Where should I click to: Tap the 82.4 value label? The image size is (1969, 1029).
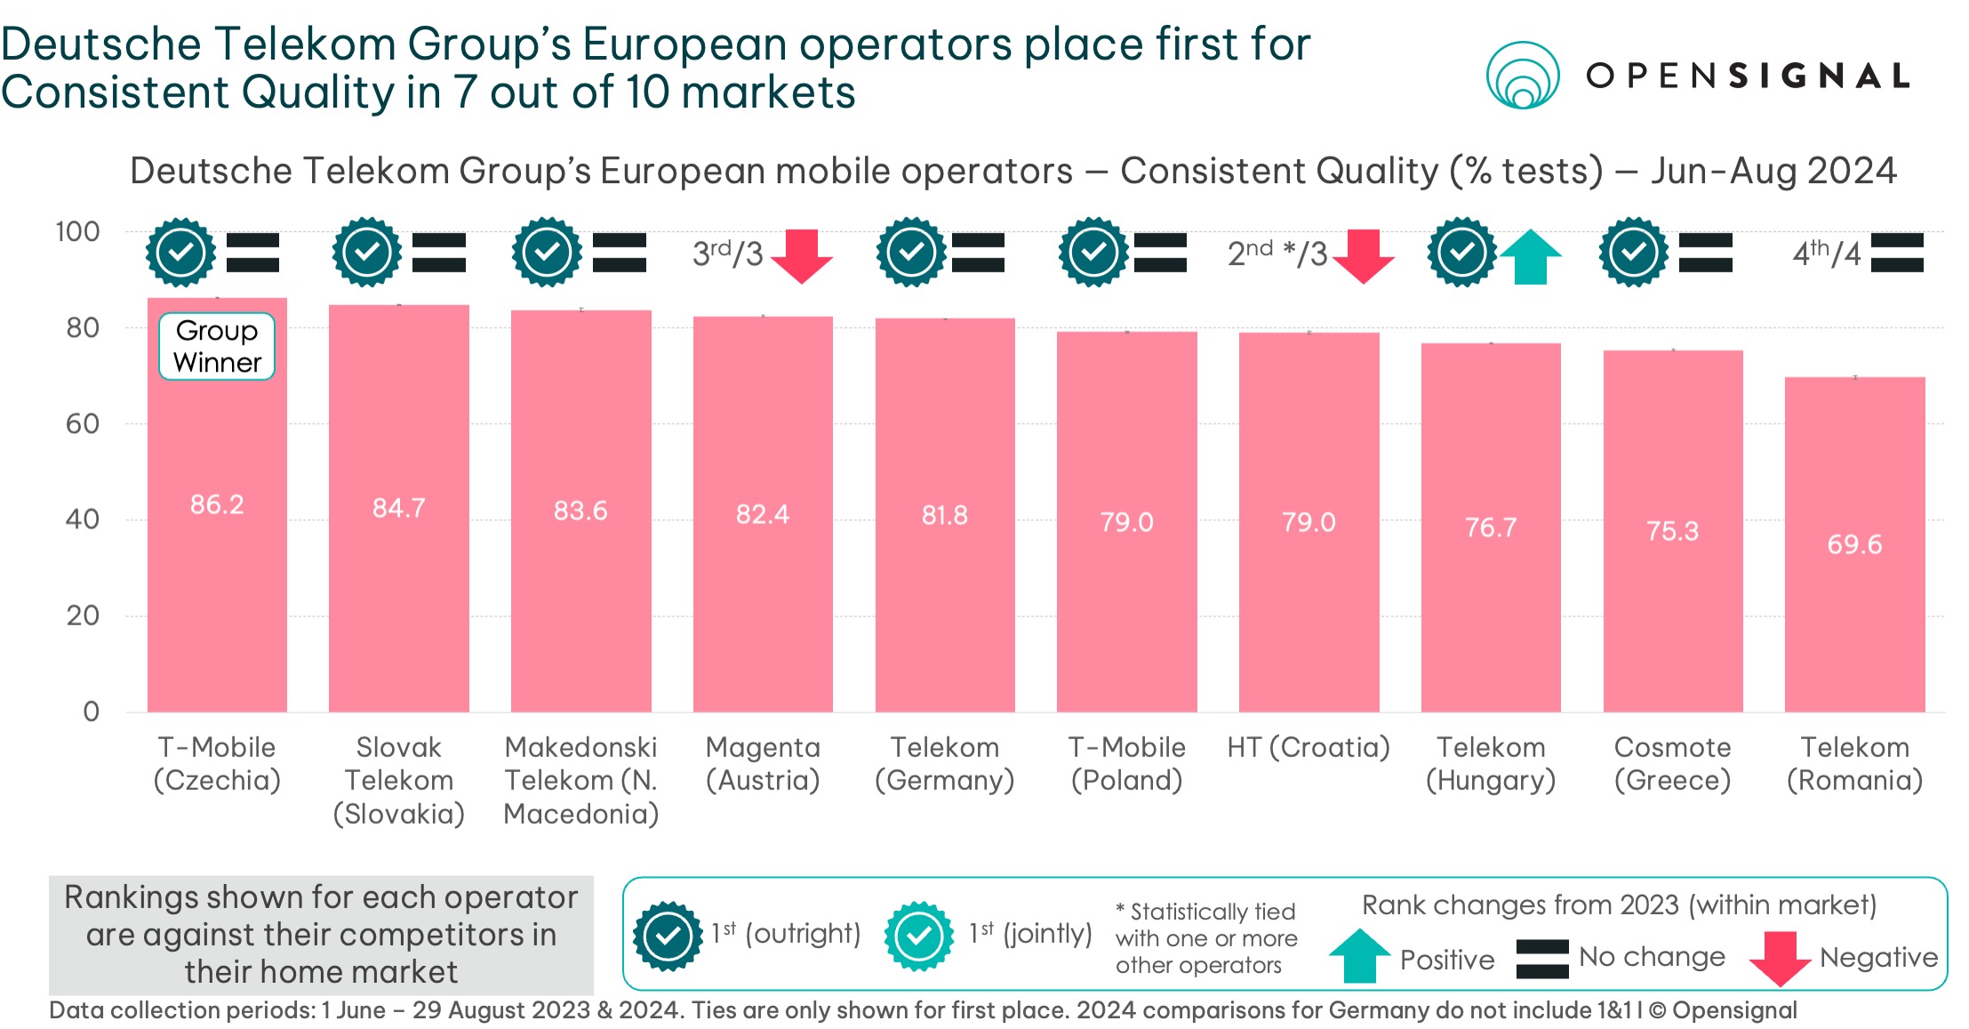pyautogui.click(x=762, y=514)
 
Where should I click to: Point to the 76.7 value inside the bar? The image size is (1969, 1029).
pyautogui.click(x=1491, y=527)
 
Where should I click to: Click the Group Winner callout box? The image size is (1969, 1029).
pyautogui.click(x=217, y=346)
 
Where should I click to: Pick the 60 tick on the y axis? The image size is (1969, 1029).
pyautogui.click(x=83, y=423)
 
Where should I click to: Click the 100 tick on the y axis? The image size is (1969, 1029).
pyautogui.click(x=77, y=232)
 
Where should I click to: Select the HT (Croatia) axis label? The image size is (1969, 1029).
pyautogui.click(x=1309, y=747)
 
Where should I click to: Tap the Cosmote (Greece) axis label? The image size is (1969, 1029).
pyautogui.click(x=1672, y=763)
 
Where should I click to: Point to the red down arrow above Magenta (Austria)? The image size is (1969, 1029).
pyautogui.click(x=802, y=256)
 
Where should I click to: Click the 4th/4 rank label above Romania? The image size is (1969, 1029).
pyautogui.click(x=1826, y=253)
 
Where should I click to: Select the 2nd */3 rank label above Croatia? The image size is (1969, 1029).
pyautogui.click(x=1277, y=253)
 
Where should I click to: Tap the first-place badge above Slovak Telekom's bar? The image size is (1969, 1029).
pyautogui.click(x=366, y=253)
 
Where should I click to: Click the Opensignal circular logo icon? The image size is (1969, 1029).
pyautogui.click(x=1523, y=76)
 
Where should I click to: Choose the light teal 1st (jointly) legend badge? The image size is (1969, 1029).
pyautogui.click(x=918, y=935)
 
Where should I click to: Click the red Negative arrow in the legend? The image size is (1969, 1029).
pyautogui.click(x=1779, y=958)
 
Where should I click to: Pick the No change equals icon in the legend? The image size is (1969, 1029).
pyautogui.click(x=1542, y=958)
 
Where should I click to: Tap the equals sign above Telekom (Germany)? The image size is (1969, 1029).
pyautogui.click(x=978, y=253)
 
